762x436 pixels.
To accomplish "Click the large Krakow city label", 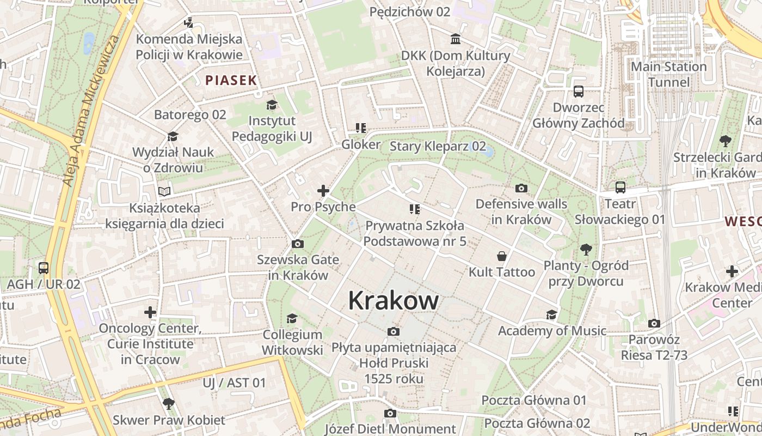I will (393, 300).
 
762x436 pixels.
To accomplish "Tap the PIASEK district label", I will (231, 81).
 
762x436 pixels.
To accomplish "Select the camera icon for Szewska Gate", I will (297, 244).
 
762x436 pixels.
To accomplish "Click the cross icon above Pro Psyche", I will (323, 191).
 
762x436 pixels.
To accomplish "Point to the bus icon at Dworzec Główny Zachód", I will (578, 92).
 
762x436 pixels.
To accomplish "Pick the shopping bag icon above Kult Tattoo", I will (501, 256).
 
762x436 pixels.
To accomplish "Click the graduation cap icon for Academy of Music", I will (552, 314).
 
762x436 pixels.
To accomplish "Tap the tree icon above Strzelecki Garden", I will (725, 141).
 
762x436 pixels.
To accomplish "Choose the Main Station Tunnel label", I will (668, 74).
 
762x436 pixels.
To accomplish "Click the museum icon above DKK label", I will (456, 39).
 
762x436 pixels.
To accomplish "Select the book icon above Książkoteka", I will (164, 191).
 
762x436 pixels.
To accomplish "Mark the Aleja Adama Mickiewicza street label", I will (90, 111).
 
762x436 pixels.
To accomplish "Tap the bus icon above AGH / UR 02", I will (44, 268).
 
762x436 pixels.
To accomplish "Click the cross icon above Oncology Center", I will (150, 312).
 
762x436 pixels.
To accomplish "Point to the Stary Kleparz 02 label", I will (438, 146).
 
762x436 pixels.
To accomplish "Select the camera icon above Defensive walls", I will (521, 189).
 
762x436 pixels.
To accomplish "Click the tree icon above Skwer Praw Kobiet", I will (169, 404).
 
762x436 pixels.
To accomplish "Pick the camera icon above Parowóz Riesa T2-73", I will (654, 323).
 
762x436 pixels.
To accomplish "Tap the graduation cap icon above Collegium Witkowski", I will (292, 318).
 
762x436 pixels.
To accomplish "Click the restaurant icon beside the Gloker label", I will (360, 128).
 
